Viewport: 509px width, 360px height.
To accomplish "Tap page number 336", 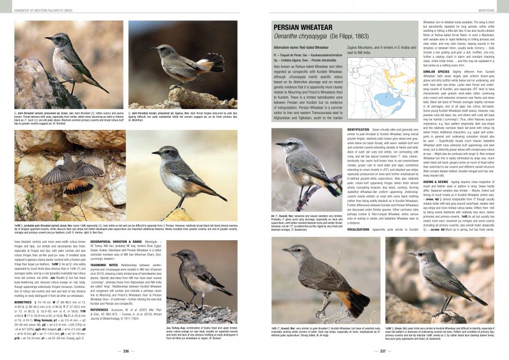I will pos(126,351).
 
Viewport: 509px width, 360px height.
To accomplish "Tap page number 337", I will pos(382,351).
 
